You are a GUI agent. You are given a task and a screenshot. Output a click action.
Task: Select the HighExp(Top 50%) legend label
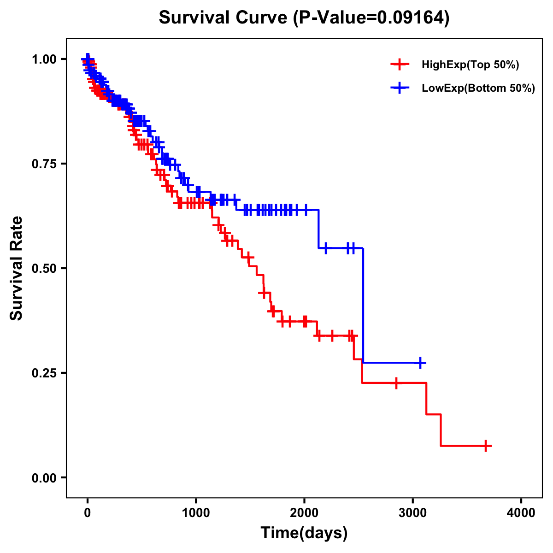[x=471, y=65]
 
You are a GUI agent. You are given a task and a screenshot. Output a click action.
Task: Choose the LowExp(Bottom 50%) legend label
[x=478, y=88]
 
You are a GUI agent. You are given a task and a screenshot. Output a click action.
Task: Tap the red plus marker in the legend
[x=399, y=65]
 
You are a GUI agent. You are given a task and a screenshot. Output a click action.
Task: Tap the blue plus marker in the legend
[x=399, y=88]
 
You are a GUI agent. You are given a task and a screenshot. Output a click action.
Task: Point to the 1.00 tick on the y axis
[x=44, y=59]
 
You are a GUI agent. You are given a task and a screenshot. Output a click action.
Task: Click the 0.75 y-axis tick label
[x=44, y=164]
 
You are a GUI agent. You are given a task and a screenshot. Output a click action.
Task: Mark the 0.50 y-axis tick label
[x=44, y=268]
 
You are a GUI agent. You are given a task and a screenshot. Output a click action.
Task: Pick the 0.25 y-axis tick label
[x=44, y=373]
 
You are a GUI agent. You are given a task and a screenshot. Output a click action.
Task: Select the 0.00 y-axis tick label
[x=44, y=477]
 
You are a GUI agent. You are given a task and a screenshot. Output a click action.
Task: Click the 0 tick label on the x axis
[x=88, y=513]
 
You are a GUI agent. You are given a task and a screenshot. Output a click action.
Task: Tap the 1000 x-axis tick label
[x=196, y=513]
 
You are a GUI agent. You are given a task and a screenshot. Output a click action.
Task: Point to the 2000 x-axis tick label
[x=304, y=513]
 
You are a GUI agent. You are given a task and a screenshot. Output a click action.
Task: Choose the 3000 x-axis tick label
[x=412, y=513]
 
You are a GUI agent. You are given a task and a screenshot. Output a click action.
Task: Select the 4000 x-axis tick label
[x=521, y=513]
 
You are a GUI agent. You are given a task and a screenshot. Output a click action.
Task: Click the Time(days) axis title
[x=304, y=533]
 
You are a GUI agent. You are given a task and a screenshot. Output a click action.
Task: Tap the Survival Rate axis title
[x=17, y=268]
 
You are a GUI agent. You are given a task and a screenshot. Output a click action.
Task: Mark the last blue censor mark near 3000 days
[x=420, y=363]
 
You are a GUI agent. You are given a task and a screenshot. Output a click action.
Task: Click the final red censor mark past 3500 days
[x=486, y=446]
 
